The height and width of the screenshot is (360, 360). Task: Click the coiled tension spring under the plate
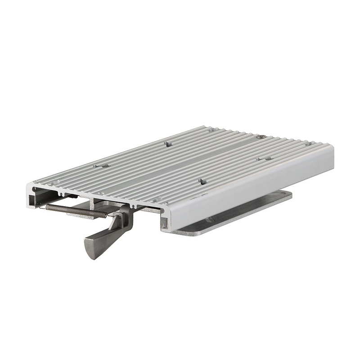[x=76, y=210]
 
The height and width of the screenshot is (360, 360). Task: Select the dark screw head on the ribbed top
[x=261, y=136]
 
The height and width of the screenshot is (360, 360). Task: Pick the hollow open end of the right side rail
[x=165, y=221]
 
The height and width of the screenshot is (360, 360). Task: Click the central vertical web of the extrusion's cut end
[x=93, y=203]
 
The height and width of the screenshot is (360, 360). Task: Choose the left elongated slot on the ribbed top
[x=102, y=165]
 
